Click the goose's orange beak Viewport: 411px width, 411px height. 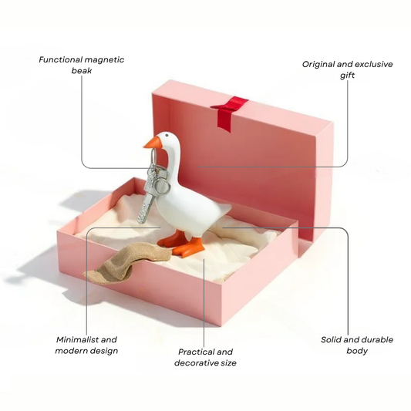coord(152,143)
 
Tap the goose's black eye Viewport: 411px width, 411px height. coord(167,135)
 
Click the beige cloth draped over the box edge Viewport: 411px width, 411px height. coord(128,263)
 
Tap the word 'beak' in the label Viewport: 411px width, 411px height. coord(82,71)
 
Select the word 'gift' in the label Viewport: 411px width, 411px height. coord(347,76)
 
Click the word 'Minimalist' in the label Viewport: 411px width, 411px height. coord(77,340)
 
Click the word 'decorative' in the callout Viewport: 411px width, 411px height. coord(195,363)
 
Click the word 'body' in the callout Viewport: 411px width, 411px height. coord(357,351)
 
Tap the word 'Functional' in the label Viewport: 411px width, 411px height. coord(61,60)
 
